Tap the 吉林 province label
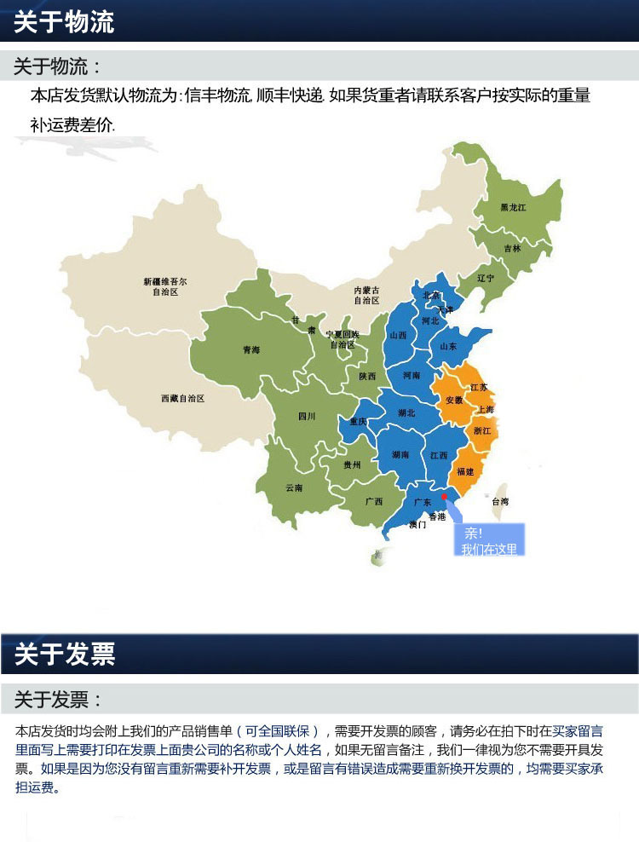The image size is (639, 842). click(512, 249)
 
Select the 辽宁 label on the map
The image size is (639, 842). click(486, 278)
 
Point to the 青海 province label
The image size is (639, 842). click(251, 349)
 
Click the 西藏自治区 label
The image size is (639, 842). click(182, 398)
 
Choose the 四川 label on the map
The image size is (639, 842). click(307, 416)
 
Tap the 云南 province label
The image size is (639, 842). click(294, 487)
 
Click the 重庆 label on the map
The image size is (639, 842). click(358, 422)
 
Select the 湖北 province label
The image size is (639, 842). click(406, 413)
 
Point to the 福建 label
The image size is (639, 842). click(465, 471)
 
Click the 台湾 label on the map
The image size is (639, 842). click(500, 502)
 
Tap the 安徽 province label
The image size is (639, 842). click(454, 400)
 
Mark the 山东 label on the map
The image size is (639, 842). click(448, 346)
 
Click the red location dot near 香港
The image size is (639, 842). click(443, 496)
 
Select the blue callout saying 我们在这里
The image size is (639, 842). click(488, 541)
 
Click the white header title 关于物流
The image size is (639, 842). click(64, 22)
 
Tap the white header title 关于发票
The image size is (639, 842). click(64, 655)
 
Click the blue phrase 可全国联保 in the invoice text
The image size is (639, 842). click(282, 731)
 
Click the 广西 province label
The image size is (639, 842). click(373, 501)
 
